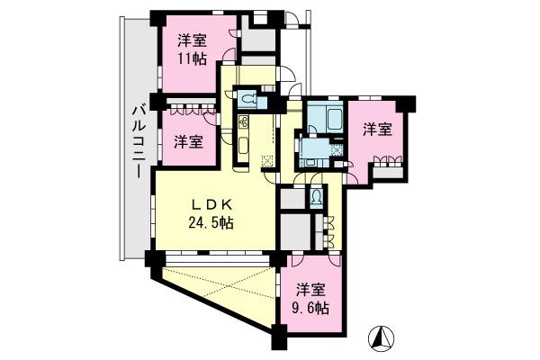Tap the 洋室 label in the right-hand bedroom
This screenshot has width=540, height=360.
[377, 130]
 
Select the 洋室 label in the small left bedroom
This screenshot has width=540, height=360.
[187, 141]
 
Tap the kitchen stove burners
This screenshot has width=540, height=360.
[243, 121]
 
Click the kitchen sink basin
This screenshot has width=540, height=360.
[243, 145]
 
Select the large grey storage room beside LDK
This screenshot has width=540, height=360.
[292, 230]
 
